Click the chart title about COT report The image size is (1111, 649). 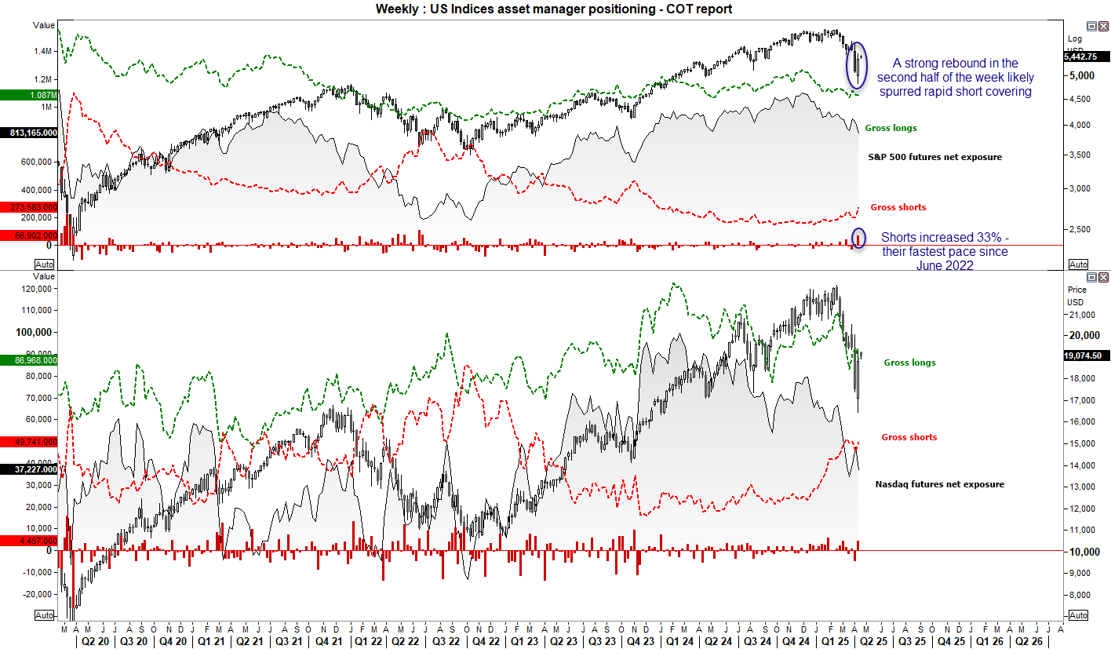pyautogui.click(x=555, y=9)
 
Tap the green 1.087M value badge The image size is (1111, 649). pyautogui.click(x=28, y=95)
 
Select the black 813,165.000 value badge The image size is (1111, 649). pyautogui.click(x=28, y=133)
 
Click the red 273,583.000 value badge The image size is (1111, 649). pyautogui.click(x=28, y=207)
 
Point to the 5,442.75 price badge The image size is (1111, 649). pyautogui.click(x=1085, y=57)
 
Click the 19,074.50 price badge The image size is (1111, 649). pyautogui.click(x=1085, y=355)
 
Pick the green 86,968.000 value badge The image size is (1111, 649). pyautogui.click(x=28, y=360)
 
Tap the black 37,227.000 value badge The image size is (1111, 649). pyautogui.click(x=28, y=469)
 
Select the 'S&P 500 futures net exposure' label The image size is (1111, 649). pyautogui.click(x=934, y=157)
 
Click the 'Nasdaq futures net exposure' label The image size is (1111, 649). pyautogui.click(x=939, y=484)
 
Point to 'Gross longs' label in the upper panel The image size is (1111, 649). pyautogui.click(x=891, y=128)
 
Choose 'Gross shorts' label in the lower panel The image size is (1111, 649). pyautogui.click(x=909, y=437)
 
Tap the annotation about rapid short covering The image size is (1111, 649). pyautogui.click(x=955, y=77)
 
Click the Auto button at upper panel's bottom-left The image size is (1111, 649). pyautogui.click(x=45, y=264)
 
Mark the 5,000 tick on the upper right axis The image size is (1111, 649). pyautogui.click(x=1080, y=75)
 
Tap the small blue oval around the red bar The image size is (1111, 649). pyautogui.click(x=858, y=238)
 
